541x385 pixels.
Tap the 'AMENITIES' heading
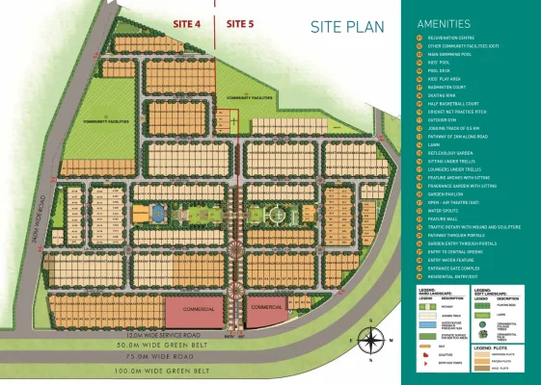[444, 22]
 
